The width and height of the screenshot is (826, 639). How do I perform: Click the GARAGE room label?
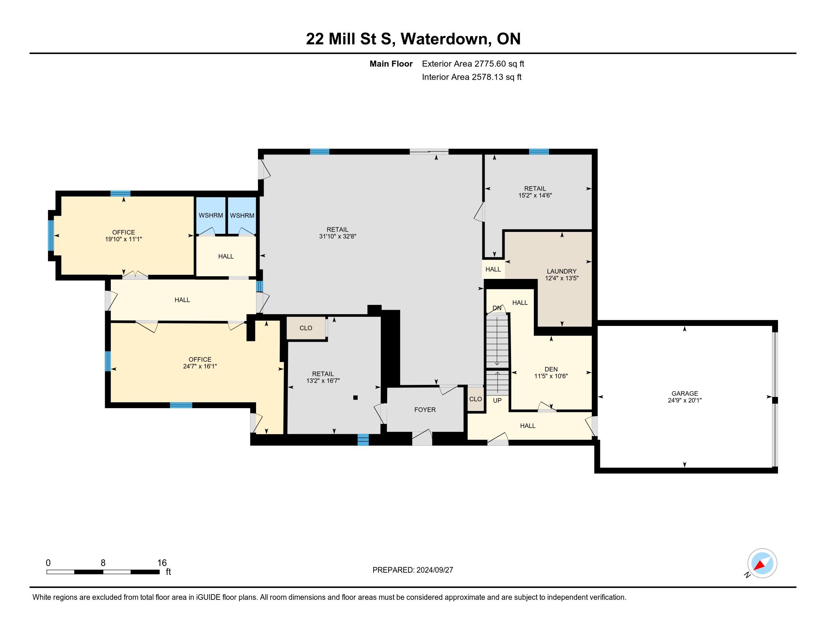click(684, 393)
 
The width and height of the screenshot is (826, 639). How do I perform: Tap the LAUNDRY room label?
click(562, 271)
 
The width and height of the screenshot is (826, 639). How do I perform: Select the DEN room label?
click(551, 369)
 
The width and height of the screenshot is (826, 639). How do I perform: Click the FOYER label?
click(425, 410)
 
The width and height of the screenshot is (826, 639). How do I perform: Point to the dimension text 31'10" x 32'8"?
click(338, 236)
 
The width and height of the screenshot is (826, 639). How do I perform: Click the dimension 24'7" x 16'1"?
click(200, 366)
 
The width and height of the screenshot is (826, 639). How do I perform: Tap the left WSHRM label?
click(211, 215)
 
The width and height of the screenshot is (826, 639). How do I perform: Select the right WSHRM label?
click(242, 215)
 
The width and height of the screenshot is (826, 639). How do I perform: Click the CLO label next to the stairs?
click(475, 399)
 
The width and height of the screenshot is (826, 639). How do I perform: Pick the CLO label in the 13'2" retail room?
click(306, 328)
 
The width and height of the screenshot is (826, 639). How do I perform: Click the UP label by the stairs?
click(497, 400)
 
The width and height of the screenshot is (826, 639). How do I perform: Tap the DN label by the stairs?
click(497, 308)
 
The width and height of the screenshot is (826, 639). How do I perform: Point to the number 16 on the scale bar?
click(162, 563)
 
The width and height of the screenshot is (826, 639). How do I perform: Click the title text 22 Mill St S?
click(348, 39)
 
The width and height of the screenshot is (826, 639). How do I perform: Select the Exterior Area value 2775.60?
click(490, 64)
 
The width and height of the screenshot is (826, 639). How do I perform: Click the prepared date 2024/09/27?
click(434, 570)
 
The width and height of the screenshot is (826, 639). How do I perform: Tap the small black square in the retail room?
click(355, 397)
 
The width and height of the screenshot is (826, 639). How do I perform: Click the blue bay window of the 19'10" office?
click(51, 235)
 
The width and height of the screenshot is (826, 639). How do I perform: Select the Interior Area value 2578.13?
click(487, 77)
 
